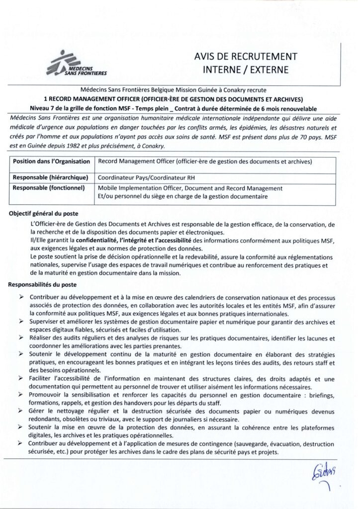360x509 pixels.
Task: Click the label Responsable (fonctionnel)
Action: [50, 188]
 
